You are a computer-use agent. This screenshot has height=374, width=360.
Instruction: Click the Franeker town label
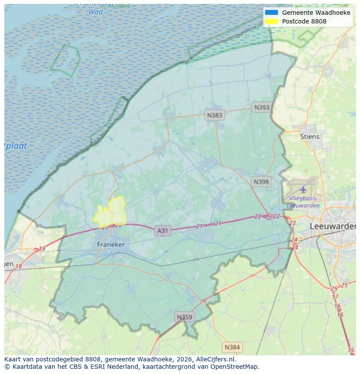[x=111, y=245]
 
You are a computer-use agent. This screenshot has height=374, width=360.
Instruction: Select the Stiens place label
[x=310, y=136]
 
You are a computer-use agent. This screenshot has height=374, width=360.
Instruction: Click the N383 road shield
[x=214, y=115]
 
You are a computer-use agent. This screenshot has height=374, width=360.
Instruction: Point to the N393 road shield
[x=262, y=107]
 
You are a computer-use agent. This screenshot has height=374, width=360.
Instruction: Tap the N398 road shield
[x=261, y=182]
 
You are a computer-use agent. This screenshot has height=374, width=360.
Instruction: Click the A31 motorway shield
[x=162, y=231]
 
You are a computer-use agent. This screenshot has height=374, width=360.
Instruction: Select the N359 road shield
[x=183, y=317]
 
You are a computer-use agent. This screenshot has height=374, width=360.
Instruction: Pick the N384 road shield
[x=232, y=347]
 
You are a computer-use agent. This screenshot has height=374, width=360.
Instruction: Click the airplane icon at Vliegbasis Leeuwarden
[x=303, y=189]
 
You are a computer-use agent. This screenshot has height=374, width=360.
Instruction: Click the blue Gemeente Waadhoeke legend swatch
[x=271, y=13]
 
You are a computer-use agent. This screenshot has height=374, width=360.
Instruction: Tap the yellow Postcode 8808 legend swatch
[x=271, y=21]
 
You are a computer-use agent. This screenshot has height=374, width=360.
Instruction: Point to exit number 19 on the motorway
[x=42, y=249]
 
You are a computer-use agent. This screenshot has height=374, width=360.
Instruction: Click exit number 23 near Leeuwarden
[x=292, y=223]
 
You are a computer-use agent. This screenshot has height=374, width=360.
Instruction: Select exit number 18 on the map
[x=19, y=266]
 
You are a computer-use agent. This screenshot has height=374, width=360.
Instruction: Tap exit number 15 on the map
[x=351, y=350]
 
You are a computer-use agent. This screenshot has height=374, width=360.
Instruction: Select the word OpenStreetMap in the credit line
[x=235, y=367]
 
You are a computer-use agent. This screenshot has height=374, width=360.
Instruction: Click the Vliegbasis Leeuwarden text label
[x=303, y=202]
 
